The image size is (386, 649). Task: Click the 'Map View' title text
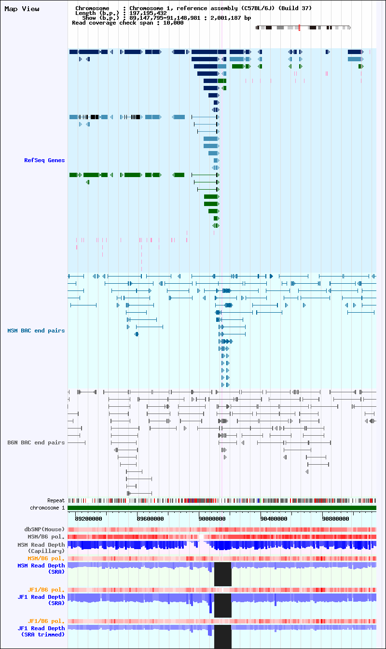(22, 9)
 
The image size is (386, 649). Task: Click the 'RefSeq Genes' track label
(44, 160)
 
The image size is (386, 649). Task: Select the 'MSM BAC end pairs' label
(36, 331)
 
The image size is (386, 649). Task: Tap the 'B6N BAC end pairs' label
(36, 442)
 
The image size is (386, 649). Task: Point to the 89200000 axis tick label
(89, 519)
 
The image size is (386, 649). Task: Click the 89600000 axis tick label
(151, 519)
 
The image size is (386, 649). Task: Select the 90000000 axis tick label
(212, 519)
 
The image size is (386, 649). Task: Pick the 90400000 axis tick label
(274, 519)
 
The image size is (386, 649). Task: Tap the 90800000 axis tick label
(336, 519)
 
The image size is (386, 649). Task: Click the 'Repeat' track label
(56, 500)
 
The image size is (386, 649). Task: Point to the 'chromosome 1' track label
(47, 508)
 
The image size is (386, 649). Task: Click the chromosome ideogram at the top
(303, 28)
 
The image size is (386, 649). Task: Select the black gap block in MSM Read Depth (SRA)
(222, 574)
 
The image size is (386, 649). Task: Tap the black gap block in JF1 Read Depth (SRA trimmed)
(222, 637)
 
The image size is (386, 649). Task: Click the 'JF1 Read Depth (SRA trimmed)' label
(41, 631)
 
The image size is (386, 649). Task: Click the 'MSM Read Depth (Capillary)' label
(41, 548)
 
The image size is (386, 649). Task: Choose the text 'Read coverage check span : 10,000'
(127, 23)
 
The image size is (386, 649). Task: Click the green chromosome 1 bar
(222, 508)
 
